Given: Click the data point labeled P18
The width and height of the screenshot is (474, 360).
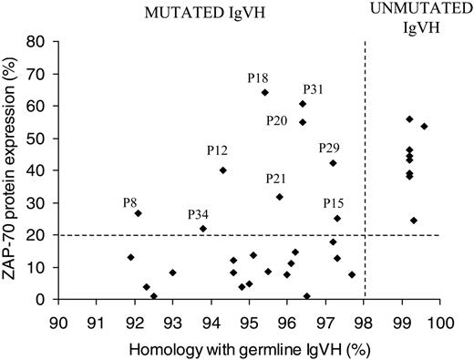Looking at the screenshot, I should click(x=265, y=92).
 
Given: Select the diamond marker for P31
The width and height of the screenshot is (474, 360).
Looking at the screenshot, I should click(x=303, y=104).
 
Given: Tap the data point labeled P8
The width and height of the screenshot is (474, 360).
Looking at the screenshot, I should click(x=138, y=213).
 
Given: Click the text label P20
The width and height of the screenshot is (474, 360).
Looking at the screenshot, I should click(x=278, y=120).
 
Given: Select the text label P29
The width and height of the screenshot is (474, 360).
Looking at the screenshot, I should click(x=329, y=148).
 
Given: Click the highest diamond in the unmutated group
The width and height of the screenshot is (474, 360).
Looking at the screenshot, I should click(x=409, y=119).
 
